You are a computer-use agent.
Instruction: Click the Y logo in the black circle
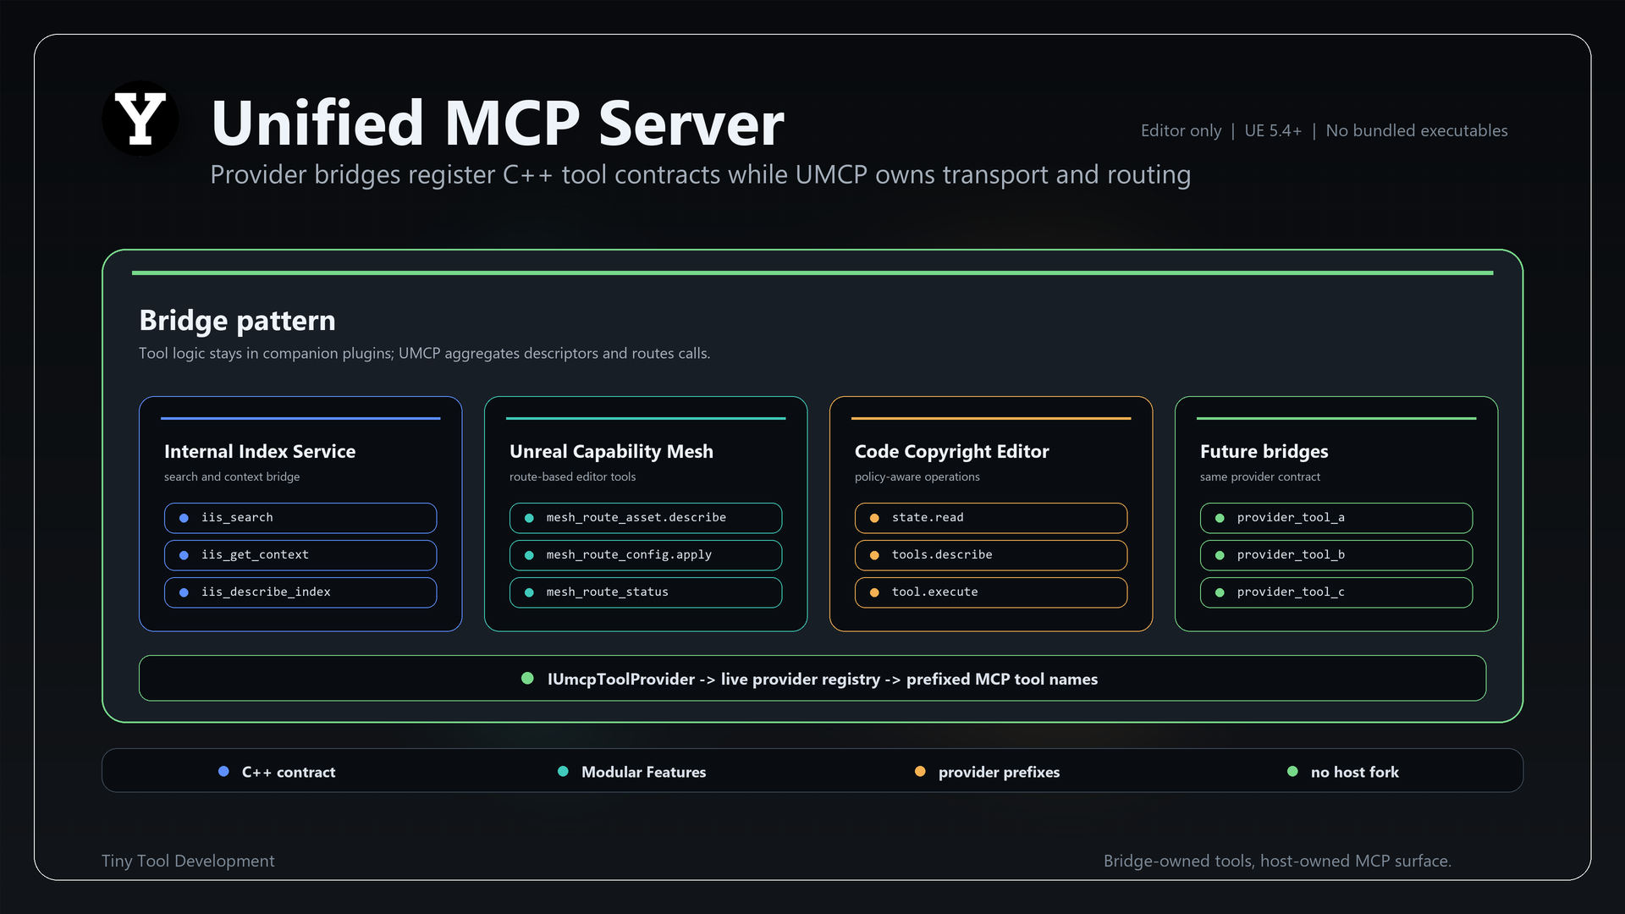tap(140, 118)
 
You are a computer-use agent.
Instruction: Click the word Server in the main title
tap(691, 124)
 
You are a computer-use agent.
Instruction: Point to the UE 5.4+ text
tap(1273, 130)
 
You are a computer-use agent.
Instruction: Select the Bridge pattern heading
tap(237, 321)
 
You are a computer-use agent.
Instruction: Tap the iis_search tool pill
tap(300, 518)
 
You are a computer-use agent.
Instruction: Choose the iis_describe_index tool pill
tap(300, 592)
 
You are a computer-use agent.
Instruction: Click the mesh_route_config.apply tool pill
tap(646, 555)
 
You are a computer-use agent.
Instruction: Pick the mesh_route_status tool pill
tap(646, 592)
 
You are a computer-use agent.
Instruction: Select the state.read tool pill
tap(991, 518)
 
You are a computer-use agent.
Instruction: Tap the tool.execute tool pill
tap(991, 592)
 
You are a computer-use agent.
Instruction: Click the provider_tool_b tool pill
tap(1336, 555)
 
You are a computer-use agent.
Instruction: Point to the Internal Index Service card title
tap(260, 451)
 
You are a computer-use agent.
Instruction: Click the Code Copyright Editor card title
tap(952, 452)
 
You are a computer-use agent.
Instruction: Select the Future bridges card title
tap(1264, 452)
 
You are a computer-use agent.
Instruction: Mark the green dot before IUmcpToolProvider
tap(527, 678)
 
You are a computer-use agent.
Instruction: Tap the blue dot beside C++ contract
tap(223, 771)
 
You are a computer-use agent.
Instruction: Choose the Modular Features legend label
tap(643, 772)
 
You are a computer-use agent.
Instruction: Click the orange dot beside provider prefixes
tap(920, 771)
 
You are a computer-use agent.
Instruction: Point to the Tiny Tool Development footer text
tap(188, 861)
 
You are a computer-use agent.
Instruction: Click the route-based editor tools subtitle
tap(572, 476)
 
